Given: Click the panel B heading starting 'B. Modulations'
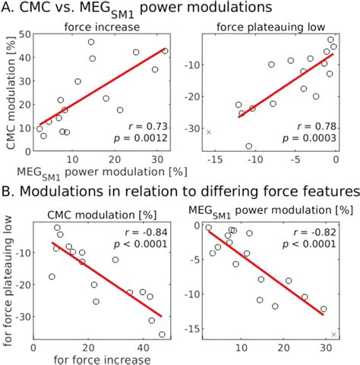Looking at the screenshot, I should coord(180,190).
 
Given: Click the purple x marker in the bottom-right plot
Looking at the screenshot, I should coord(333,334).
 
